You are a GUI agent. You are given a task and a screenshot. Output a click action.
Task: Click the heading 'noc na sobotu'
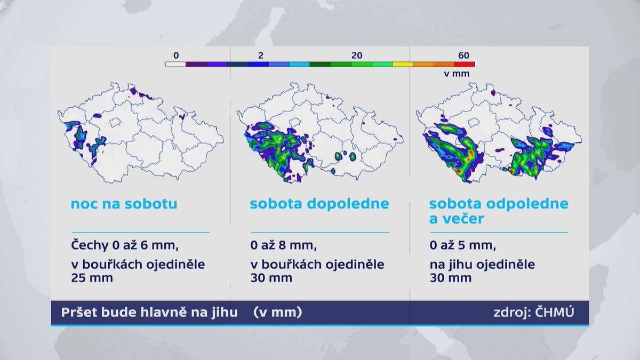point(124,204)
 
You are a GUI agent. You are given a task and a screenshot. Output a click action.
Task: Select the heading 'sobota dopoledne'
point(319,204)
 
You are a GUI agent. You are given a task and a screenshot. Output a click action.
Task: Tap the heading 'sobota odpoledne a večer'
point(499,211)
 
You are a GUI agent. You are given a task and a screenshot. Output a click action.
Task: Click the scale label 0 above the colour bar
point(176,55)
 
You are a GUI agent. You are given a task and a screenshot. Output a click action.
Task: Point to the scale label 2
point(260,55)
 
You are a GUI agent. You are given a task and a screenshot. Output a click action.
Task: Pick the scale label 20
point(357,55)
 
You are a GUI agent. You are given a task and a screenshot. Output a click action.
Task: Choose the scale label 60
point(463,55)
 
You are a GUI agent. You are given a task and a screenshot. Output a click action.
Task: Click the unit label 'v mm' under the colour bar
point(457,74)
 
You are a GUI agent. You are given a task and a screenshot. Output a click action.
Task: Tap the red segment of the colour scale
point(465,65)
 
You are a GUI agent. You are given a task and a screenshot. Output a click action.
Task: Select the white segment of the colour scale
point(175,65)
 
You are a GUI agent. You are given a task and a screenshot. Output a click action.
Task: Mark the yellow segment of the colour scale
point(403,65)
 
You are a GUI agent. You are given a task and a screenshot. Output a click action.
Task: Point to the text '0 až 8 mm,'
point(283,246)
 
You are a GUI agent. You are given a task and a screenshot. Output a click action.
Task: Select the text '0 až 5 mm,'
point(463,246)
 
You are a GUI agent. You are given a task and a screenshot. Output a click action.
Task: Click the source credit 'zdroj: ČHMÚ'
point(534,313)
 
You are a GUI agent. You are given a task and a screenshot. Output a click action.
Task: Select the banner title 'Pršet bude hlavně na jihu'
point(149,313)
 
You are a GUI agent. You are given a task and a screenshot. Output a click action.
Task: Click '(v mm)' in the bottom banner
point(277,313)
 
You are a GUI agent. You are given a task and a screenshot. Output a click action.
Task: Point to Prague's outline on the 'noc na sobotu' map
point(115,122)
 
